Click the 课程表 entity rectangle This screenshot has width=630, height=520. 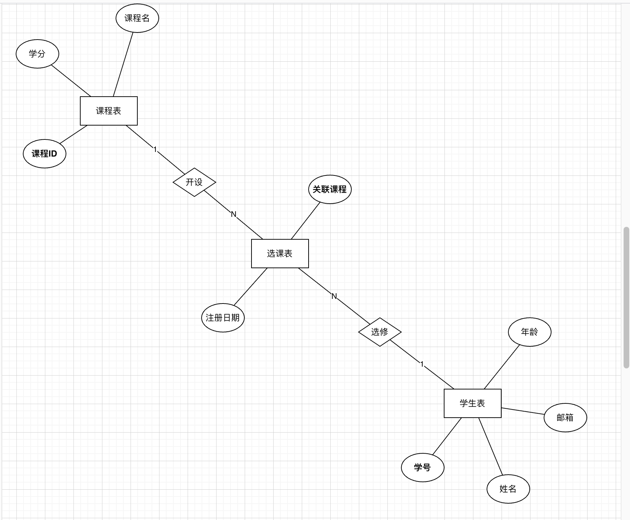click(109, 111)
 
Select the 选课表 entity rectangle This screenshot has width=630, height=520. click(280, 254)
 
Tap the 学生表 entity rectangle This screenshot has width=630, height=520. click(473, 403)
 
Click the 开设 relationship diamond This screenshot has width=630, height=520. click(194, 182)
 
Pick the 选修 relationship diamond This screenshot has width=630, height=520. click(380, 332)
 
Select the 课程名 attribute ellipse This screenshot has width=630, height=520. click(137, 18)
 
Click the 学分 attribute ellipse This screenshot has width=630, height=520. click(37, 54)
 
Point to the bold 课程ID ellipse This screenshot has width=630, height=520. click(45, 154)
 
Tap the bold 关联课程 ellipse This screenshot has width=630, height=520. click(330, 189)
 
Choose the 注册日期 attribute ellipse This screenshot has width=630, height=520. click(223, 318)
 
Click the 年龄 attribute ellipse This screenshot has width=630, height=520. click(530, 332)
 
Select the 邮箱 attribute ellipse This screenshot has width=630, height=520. click(565, 418)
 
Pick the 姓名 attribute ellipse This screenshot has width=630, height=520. click(508, 489)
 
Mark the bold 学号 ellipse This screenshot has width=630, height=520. click(423, 468)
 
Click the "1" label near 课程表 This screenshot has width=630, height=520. click(155, 149)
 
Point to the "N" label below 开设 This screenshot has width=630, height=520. click(234, 214)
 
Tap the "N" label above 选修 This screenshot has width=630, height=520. click(334, 296)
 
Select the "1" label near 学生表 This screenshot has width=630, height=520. click(422, 364)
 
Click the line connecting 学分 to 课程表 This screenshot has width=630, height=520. click(71, 81)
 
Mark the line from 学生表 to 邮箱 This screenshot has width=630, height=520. click(523, 411)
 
